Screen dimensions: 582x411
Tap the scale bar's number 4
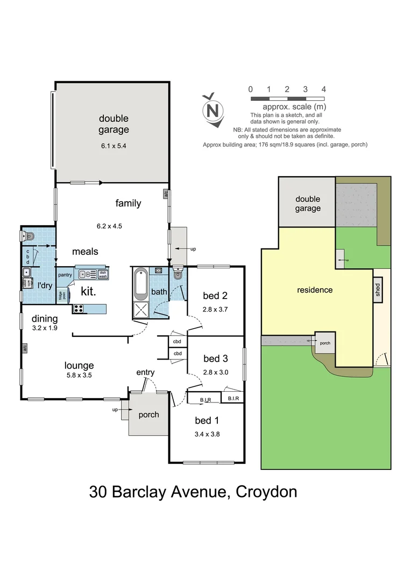coord(323,89)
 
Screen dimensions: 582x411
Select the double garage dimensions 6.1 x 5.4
coord(114,145)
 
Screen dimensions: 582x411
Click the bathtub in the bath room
coord(141,283)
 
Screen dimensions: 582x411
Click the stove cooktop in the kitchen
coord(78,309)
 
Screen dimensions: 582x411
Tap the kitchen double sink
coord(88,274)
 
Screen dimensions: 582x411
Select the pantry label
coord(65,275)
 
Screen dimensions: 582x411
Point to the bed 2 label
coord(215,295)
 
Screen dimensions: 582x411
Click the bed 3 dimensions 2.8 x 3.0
coord(215,372)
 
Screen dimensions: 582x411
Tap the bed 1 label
coord(207,420)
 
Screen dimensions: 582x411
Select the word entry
coord(145,372)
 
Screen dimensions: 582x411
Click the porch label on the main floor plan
coord(149,414)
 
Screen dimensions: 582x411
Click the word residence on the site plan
coord(315,290)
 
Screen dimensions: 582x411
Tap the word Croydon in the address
coord(266,492)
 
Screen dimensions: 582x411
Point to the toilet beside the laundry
coord(29,235)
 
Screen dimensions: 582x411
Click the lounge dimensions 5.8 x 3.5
coord(79,376)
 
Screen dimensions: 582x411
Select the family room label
coord(128,203)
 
